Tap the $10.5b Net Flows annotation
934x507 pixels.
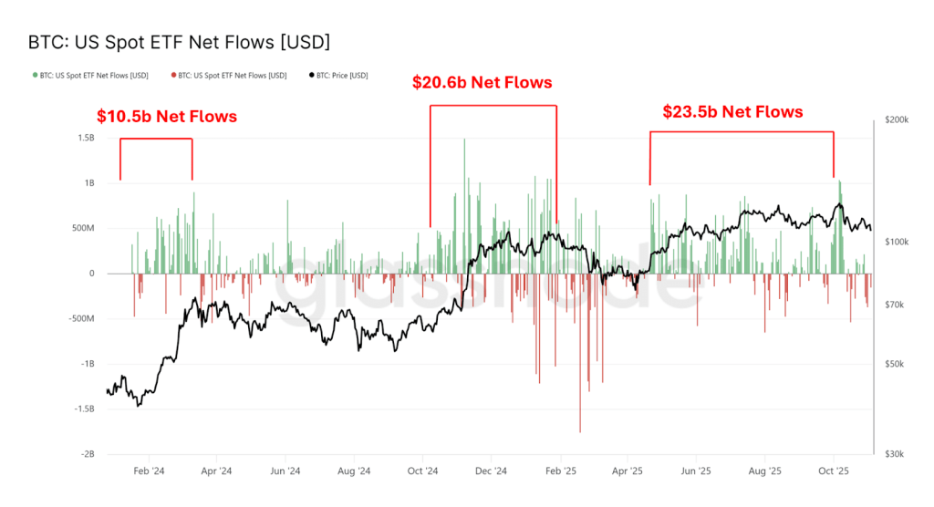[167, 117]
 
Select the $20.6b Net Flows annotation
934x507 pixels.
[483, 83]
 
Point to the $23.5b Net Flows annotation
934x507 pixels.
[732, 112]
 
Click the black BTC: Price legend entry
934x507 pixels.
[338, 75]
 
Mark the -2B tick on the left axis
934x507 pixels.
[86, 454]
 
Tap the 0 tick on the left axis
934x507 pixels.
[91, 274]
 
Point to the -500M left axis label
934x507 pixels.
[79, 318]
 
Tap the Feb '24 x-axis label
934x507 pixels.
[149, 471]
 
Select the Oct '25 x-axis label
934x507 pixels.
[833, 471]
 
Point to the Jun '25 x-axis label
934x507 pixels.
[697, 471]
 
